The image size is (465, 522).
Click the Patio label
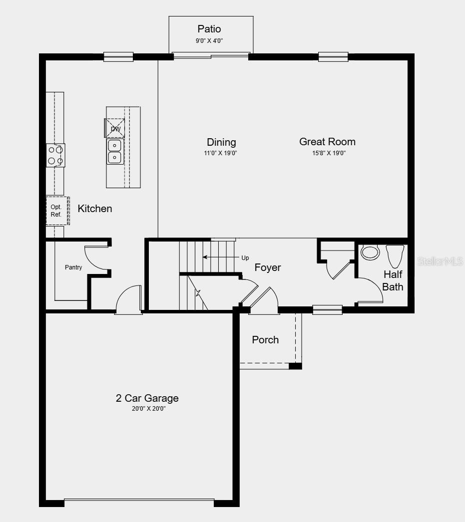click(209, 29)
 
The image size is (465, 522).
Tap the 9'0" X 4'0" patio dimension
click(209, 41)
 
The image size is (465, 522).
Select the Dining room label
click(221, 142)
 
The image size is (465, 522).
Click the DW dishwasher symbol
click(115, 128)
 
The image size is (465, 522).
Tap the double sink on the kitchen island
click(115, 151)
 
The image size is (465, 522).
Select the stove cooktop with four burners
click(55, 155)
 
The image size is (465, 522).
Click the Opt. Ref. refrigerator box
click(56, 211)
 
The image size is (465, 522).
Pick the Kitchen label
click(95, 209)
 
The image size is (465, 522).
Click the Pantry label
click(73, 267)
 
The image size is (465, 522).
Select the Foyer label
click(268, 267)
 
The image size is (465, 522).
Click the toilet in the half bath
click(395, 256)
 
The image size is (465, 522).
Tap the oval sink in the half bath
click(370, 253)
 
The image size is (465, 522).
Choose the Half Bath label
click(393, 280)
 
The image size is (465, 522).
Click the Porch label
click(265, 340)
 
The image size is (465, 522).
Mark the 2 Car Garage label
click(147, 398)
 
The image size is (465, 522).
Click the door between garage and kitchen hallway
click(128, 301)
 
